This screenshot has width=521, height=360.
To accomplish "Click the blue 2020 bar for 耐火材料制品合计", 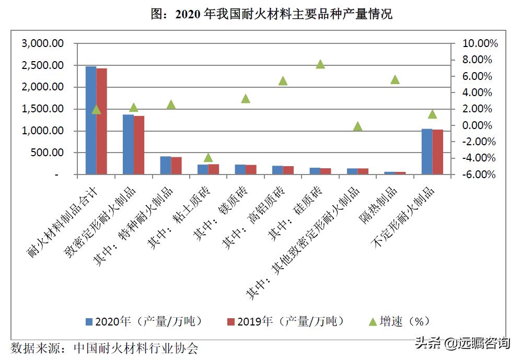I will point(91,120).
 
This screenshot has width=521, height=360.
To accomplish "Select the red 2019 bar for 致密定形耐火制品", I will point(138,145).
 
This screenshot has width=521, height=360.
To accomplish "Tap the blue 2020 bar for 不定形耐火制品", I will point(427,151).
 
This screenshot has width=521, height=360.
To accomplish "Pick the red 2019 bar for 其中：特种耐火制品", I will point(176,165).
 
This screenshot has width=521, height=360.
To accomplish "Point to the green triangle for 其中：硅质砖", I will point(320,64).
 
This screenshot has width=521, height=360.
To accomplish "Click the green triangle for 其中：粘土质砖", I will point(209,157).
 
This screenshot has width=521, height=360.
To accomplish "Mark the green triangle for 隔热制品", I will point(395,79).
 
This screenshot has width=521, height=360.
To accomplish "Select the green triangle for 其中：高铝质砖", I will point(283,80).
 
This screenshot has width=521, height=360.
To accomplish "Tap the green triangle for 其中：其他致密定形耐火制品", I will point(357,126).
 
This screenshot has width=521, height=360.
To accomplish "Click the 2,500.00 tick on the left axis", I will point(42,65).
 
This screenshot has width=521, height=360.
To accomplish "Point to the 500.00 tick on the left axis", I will point(49,153).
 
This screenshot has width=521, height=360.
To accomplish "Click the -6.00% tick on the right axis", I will point(478,175).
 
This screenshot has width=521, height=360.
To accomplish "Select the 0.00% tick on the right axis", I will point(478,125).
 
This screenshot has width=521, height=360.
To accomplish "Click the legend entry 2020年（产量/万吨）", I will point(144,321).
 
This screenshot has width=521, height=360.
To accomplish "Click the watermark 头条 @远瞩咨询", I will point(462,343).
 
